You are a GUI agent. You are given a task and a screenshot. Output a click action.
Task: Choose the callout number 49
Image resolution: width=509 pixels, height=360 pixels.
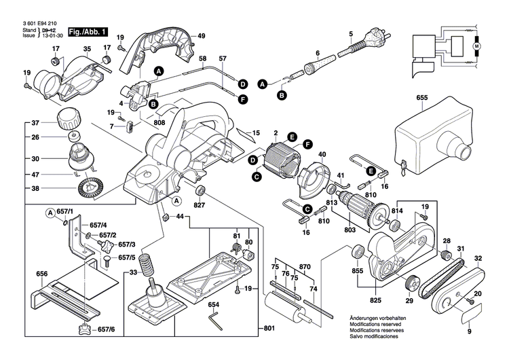(202, 35)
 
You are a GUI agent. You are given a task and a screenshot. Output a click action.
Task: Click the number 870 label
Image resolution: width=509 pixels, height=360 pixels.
(305, 267)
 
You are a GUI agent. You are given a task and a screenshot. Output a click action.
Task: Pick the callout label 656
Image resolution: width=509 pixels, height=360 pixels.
(42, 274)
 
